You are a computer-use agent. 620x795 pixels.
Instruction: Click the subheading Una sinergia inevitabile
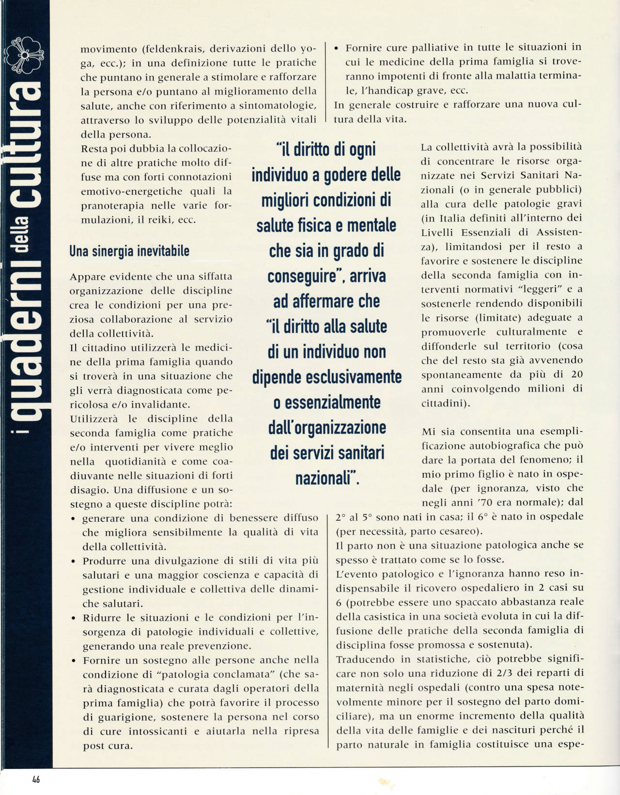(129, 251)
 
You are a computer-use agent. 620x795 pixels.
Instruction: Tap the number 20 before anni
(576, 374)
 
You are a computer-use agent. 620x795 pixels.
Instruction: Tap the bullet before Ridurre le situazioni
(73, 618)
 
